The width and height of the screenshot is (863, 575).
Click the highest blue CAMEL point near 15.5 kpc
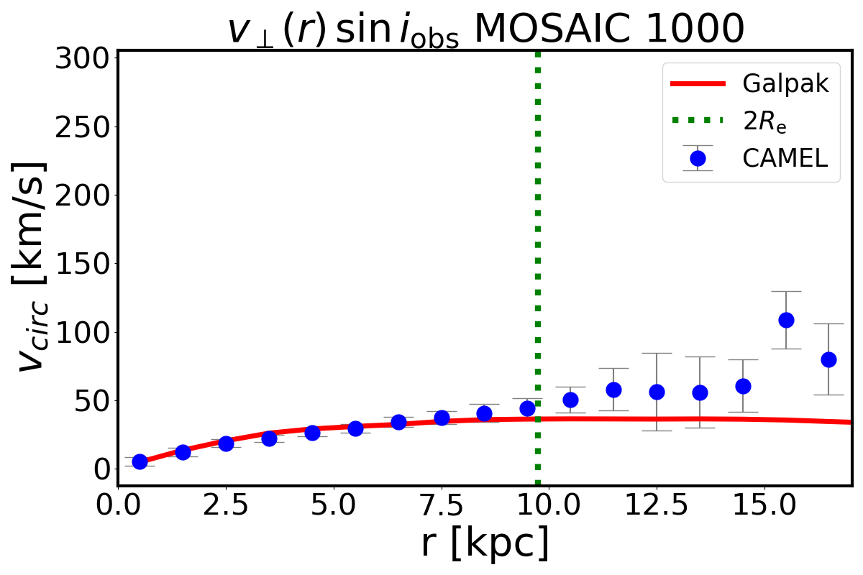tap(786, 320)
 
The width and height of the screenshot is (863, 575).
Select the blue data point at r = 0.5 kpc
tap(140, 461)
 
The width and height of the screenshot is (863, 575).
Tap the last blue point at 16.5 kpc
tap(828, 359)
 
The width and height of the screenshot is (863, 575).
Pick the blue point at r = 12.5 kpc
tap(657, 392)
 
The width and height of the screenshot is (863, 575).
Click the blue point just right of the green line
tap(570, 400)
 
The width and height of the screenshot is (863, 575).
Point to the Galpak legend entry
tap(785, 84)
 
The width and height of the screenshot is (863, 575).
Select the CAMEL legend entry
tap(785, 158)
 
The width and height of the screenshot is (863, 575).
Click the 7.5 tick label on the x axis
tap(441, 507)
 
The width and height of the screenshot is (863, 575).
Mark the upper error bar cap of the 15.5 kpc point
tap(786, 291)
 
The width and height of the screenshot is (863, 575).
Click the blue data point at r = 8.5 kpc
tap(484, 413)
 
